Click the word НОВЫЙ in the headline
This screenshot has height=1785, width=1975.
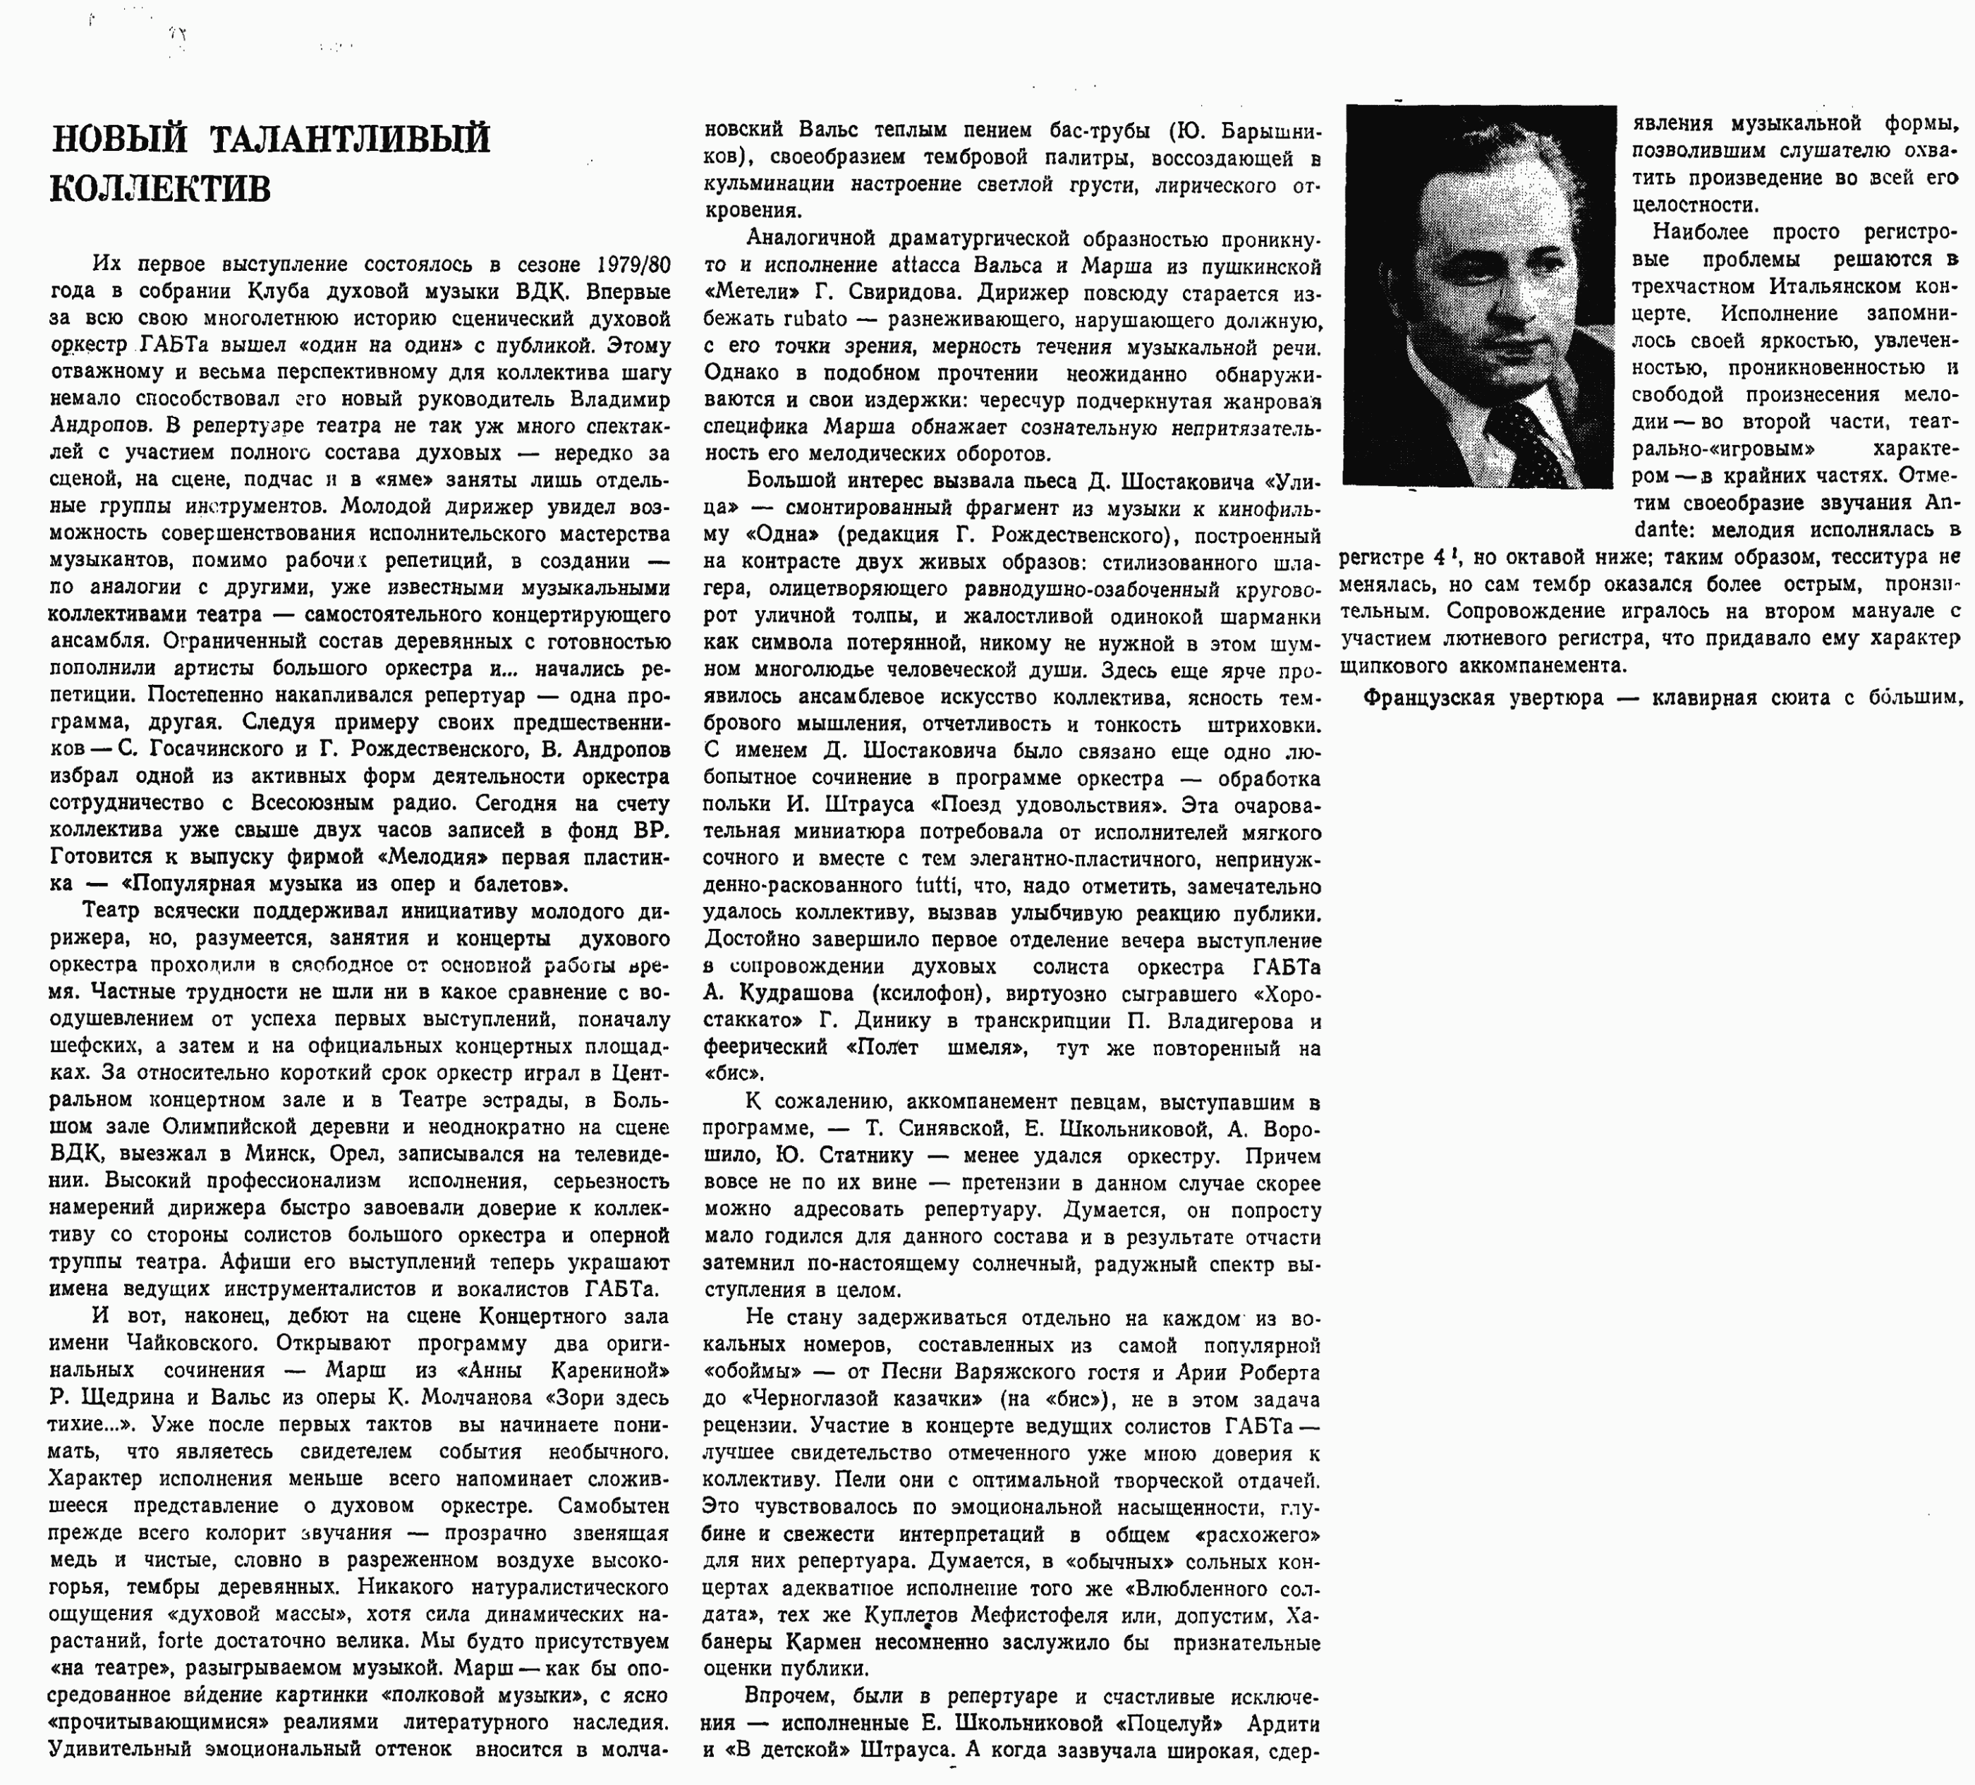pos(119,139)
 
